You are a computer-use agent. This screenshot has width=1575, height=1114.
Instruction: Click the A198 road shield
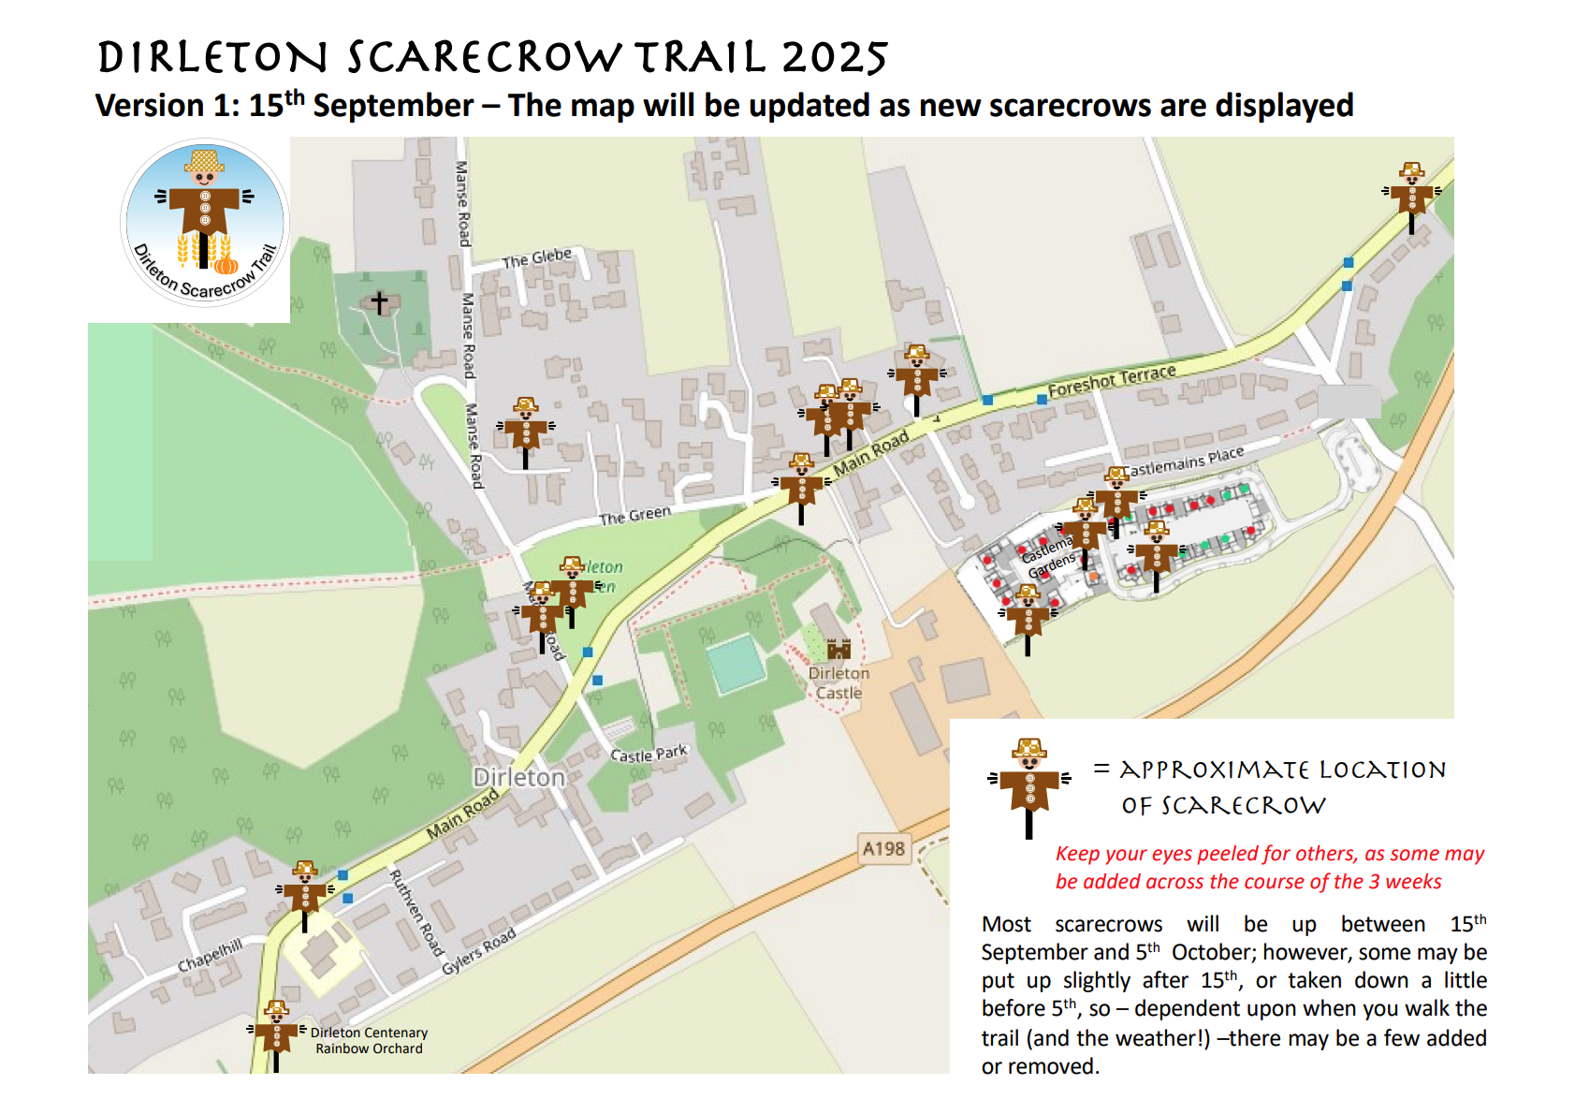(x=883, y=849)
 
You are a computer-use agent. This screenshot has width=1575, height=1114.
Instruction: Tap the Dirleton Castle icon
(x=839, y=648)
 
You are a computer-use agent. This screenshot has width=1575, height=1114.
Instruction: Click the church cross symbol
(x=379, y=302)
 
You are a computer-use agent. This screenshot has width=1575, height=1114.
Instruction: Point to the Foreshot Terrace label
(x=1112, y=380)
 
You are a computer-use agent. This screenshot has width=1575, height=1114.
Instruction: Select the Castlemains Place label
(x=1184, y=461)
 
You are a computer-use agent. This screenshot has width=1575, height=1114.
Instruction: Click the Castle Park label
(x=649, y=754)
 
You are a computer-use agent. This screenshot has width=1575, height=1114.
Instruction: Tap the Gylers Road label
(x=478, y=951)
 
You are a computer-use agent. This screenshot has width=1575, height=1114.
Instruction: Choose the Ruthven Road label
(x=416, y=912)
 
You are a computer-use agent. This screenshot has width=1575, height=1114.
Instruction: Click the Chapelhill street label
(x=210, y=955)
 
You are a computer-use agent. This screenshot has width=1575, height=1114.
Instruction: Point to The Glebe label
(x=536, y=258)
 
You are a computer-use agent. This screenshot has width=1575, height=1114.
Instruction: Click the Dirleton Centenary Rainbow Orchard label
(x=369, y=1040)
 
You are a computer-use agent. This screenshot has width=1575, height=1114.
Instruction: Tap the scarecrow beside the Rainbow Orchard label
(x=276, y=1032)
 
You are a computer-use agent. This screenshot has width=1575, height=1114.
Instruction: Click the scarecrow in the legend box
(x=1029, y=784)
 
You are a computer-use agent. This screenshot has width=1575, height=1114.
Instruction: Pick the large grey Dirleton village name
(x=518, y=777)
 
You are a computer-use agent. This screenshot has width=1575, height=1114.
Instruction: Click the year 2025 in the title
(x=835, y=58)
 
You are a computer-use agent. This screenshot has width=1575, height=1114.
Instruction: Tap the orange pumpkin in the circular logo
(x=226, y=265)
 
